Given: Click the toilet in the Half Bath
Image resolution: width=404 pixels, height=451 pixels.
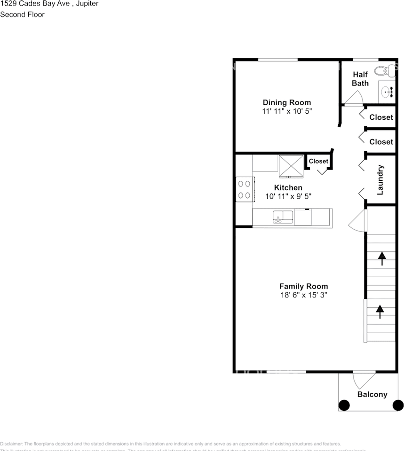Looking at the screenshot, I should [x=385, y=71].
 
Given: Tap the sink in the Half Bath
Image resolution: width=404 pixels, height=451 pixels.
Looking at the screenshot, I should [x=387, y=92].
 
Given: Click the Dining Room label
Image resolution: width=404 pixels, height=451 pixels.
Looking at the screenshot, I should [x=286, y=102].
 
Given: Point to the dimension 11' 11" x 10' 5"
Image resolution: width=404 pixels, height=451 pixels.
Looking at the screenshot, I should [x=287, y=111].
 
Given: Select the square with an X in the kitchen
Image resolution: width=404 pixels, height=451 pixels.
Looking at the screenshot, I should [x=291, y=166].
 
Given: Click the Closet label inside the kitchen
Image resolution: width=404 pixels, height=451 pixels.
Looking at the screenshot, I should [x=318, y=161].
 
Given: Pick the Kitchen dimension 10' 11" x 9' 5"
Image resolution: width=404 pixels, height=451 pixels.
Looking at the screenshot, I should [x=288, y=196].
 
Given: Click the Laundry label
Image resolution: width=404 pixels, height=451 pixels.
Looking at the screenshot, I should [x=380, y=180].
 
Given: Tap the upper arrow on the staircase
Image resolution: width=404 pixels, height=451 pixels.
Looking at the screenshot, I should [x=381, y=257].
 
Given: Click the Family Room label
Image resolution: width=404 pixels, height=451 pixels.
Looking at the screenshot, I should [x=303, y=286].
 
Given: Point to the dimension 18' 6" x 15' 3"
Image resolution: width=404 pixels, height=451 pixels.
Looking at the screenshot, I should [x=303, y=295].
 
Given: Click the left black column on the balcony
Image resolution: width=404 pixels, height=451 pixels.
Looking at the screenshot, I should [x=344, y=404].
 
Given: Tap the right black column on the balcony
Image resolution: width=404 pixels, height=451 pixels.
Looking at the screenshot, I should [x=398, y=404].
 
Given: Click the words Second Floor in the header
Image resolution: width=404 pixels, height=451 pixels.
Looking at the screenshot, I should [x=23, y=15].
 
